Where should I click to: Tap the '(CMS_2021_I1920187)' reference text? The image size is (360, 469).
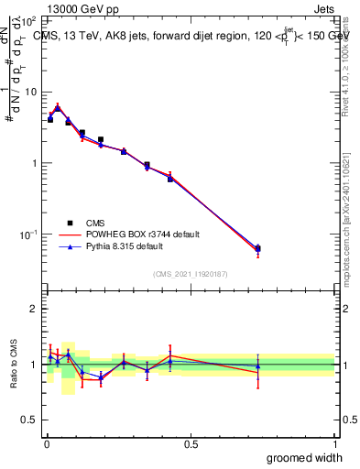point(191,274)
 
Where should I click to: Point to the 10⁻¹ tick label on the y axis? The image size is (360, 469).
point(29,234)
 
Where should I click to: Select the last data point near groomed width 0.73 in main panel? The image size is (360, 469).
point(257,249)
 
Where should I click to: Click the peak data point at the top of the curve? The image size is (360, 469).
point(58,107)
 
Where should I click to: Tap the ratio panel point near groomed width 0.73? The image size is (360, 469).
point(257,366)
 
